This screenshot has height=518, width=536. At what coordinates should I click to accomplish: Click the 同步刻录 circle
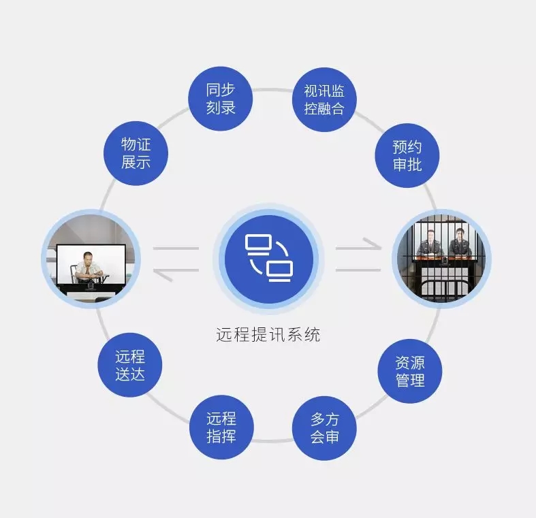click(x=221, y=99)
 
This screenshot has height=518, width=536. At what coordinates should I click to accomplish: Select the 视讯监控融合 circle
click(x=324, y=100)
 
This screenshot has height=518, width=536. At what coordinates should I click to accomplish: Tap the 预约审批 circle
click(x=407, y=155)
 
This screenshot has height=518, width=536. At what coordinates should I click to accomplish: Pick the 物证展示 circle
click(x=136, y=153)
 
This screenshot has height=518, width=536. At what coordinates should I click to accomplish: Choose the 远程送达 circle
click(x=130, y=365)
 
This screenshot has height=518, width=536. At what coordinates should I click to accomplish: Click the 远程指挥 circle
click(x=221, y=427)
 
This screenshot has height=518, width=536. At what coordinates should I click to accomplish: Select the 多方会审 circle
click(x=324, y=428)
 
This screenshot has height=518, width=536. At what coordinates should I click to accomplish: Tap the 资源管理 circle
click(x=410, y=371)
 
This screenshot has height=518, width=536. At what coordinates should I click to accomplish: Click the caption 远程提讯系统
click(x=268, y=334)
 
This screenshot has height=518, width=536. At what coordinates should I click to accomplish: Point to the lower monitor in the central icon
click(x=280, y=272)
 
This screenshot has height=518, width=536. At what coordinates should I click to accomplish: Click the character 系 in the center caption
click(x=294, y=334)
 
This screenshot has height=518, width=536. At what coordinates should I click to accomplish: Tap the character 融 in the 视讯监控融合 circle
click(x=324, y=109)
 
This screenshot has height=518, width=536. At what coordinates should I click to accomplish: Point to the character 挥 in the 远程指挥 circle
click(x=229, y=436)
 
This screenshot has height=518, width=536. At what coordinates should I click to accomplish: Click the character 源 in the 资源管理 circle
click(x=417, y=363)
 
